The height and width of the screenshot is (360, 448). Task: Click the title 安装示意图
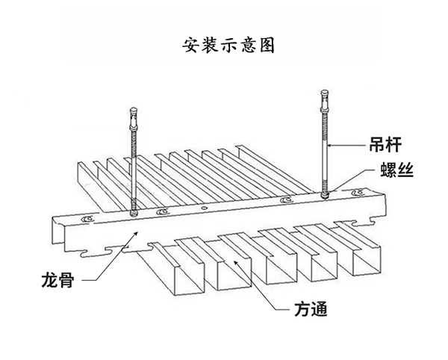pos(228,46)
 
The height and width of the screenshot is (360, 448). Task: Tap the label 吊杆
pos(385,145)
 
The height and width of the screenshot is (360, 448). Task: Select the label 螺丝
pos(397,170)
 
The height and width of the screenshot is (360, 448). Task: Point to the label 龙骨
pos(58,279)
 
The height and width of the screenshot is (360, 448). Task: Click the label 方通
pos(311,309)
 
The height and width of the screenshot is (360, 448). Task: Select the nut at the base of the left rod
pos(134,213)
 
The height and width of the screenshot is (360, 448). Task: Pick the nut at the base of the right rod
pos(325,195)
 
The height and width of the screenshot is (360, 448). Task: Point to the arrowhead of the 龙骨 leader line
pos(137,233)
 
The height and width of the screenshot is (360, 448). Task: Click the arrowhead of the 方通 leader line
pos(235,262)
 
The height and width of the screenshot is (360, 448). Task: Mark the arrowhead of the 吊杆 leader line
pos(329,145)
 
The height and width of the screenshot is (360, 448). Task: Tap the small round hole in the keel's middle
pos(204,208)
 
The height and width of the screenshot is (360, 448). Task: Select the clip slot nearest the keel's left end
pos(87,219)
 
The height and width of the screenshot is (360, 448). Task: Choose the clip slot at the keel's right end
pos(358,192)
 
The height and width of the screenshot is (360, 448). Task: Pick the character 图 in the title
pos(267,46)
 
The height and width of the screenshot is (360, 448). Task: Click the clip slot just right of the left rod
pos(163,211)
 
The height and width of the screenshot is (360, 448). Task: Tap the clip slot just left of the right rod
pos(286,199)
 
